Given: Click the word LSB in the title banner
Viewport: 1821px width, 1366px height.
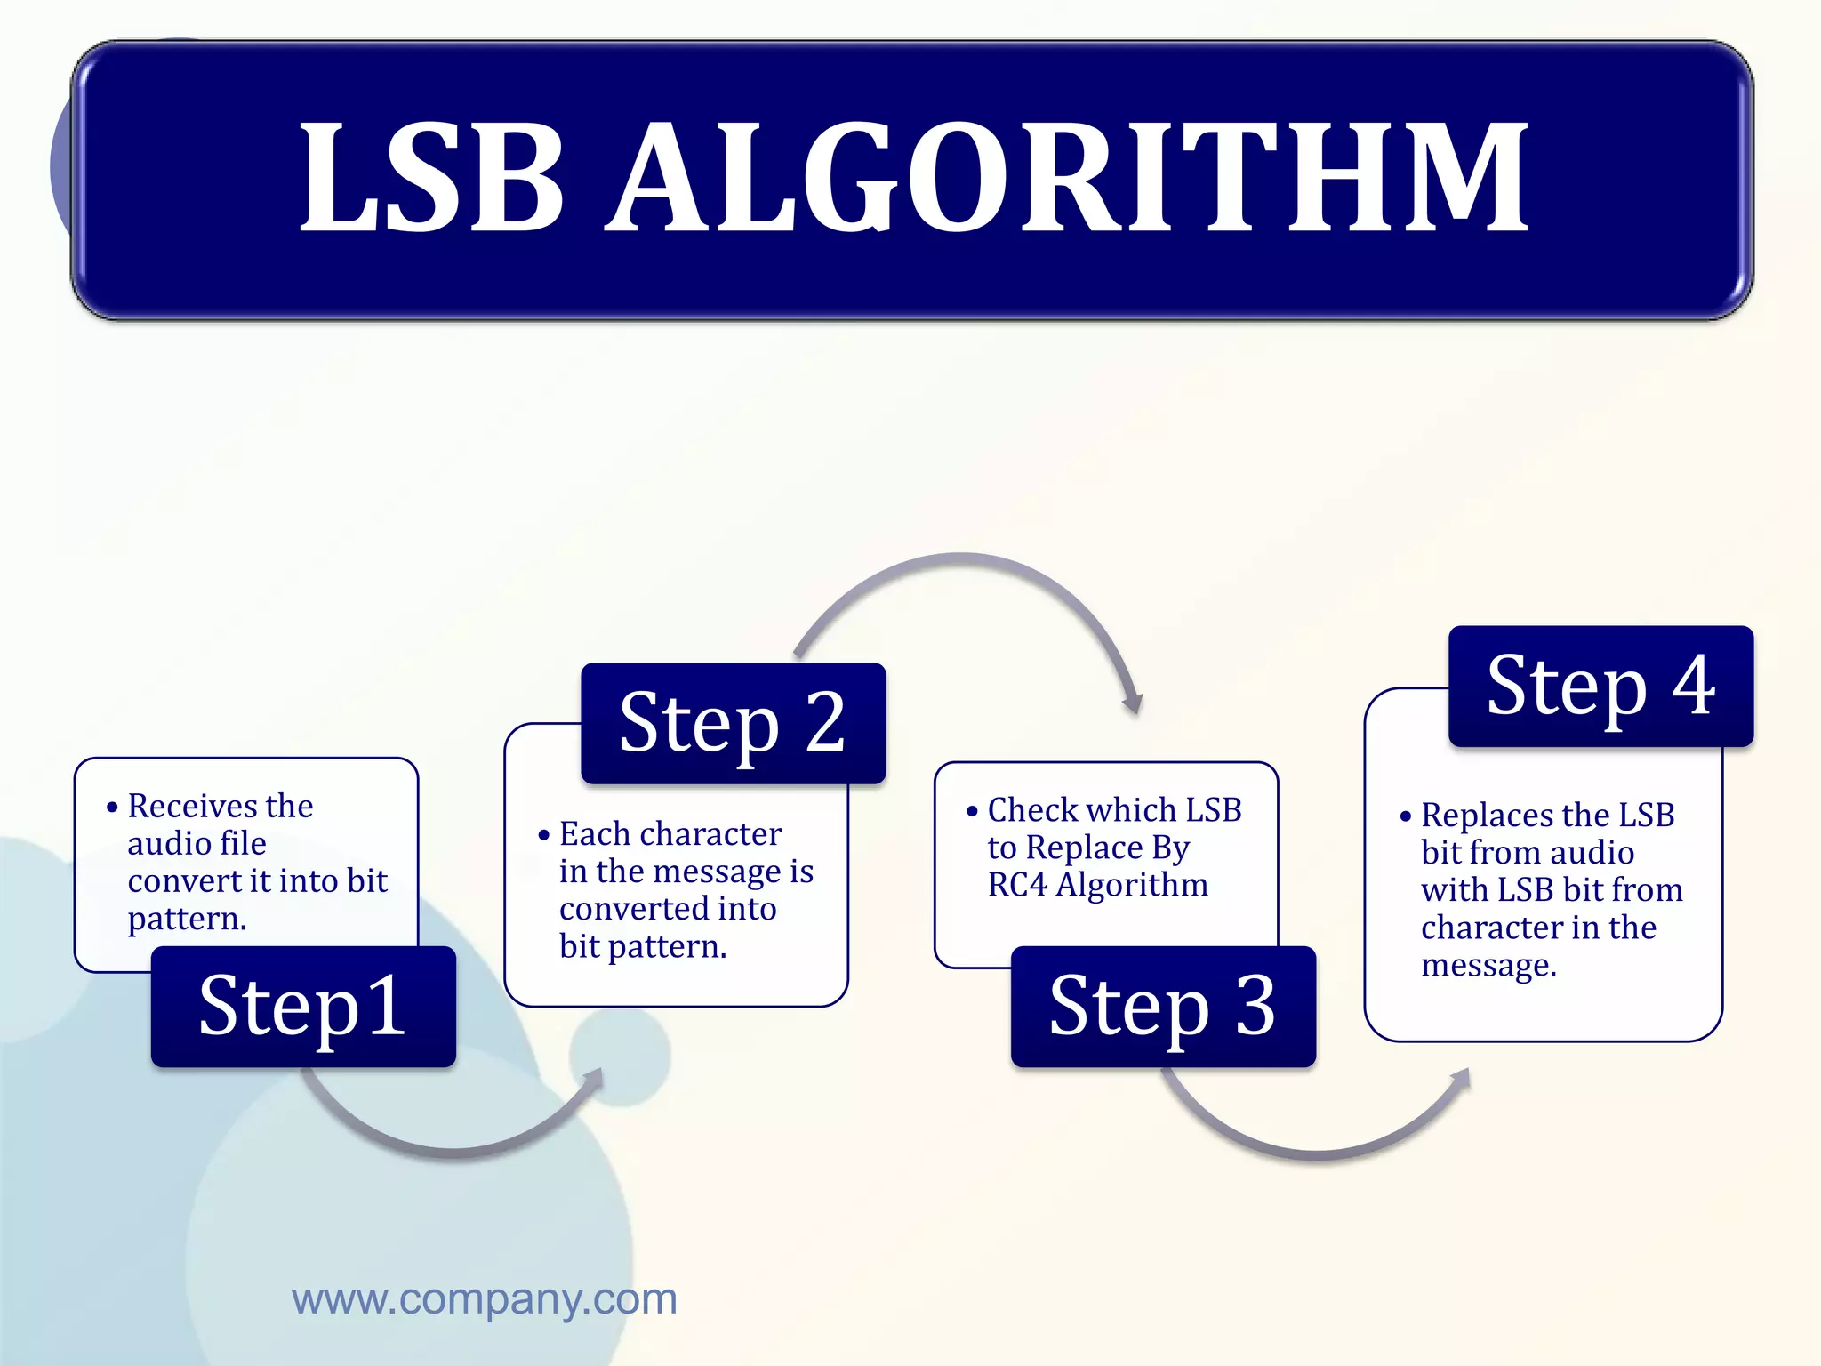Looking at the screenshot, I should click(x=433, y=178).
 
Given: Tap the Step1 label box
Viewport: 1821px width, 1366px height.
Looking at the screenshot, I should click(x=303, y=1006).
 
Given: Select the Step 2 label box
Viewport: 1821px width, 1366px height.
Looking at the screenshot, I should click(x=733, y=722).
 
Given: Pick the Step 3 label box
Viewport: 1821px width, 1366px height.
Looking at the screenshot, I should click(x=1163, y=1006).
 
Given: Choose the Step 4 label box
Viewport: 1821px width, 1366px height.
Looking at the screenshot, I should click(x=1600, y=685).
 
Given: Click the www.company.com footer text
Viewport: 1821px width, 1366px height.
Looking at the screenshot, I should click(x=485, y=1299).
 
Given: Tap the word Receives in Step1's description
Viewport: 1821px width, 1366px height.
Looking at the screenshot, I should click(x=188, y=806).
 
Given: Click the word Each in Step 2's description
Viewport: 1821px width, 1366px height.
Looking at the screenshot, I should click(x=593, y=834).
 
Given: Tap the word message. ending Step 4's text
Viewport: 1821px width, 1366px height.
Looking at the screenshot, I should click(x=1488, y=965).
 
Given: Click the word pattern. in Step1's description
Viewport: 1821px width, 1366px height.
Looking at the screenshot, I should click(x=187, y=919).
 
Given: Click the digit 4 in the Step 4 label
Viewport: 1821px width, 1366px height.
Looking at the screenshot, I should click(x=1694, y=685).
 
